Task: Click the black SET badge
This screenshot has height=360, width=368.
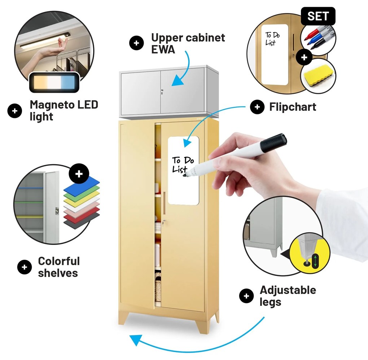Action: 318,16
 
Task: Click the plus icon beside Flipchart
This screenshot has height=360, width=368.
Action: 257,107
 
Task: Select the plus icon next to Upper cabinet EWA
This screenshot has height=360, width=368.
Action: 136,43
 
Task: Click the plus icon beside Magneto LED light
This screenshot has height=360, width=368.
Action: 14,111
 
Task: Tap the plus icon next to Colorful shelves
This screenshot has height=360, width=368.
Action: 24,267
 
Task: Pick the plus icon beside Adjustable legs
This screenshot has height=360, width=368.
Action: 246,296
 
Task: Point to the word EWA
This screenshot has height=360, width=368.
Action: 163,49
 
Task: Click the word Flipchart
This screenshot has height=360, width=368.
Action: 293,107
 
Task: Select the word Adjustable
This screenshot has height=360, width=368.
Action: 288,290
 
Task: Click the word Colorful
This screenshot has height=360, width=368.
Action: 59,261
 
